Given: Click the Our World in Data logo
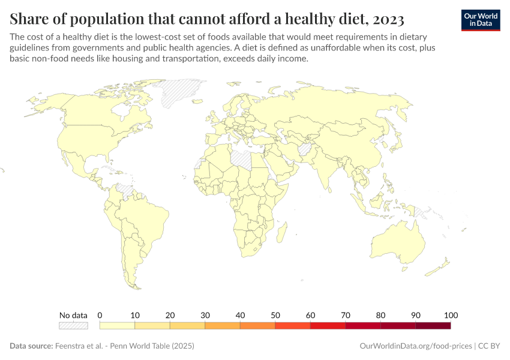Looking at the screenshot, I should [x=480, y=19].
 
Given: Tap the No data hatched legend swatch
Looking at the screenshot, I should [x=73, y=326].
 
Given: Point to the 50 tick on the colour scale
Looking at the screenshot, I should [x=275, y=316].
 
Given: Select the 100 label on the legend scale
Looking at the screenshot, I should [x=451, y=316].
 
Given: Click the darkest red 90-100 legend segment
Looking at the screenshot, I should [x=433, y=326].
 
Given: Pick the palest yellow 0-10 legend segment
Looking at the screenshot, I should [x=117, y=326].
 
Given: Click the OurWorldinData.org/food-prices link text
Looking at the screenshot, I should [x=415, y=346].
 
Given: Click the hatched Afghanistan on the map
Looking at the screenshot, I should [x=305, y=149].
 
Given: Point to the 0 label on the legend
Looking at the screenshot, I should [x=100, y=316].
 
